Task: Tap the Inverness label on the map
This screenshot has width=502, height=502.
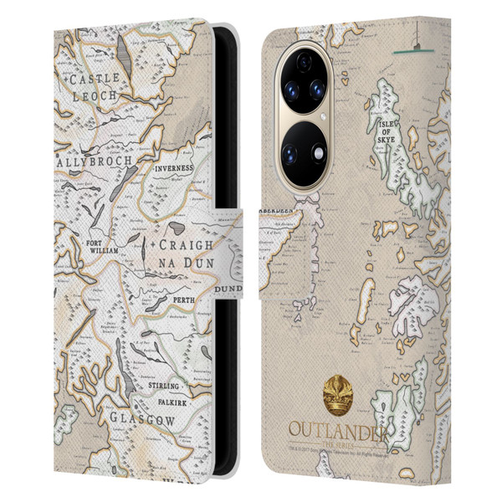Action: pyautogui.click(x=173, y=167)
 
